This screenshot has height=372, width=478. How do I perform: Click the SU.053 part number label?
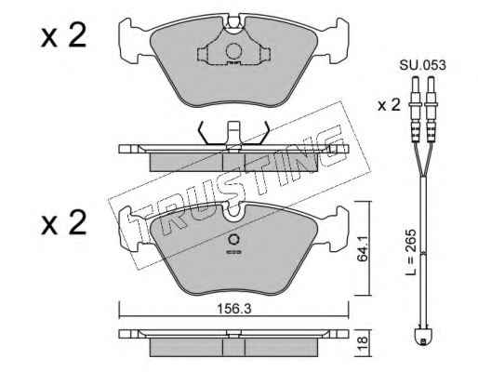[x=423, y=65]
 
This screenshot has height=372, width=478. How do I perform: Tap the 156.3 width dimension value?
[x=233, y=309]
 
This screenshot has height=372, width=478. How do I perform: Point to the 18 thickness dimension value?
[x=363, y=342]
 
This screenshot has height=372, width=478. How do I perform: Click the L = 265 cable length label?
[x=411, y=253]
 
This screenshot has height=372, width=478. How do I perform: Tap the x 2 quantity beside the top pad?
[x=63, y=36]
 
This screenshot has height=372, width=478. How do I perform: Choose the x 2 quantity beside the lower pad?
[x=63, y=222]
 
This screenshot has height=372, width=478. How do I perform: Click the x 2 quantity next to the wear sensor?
[x=389, y=106]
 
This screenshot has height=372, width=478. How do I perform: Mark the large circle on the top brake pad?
[x=233, y=51]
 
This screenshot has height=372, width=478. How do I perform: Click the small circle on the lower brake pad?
[x=233, y=239]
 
